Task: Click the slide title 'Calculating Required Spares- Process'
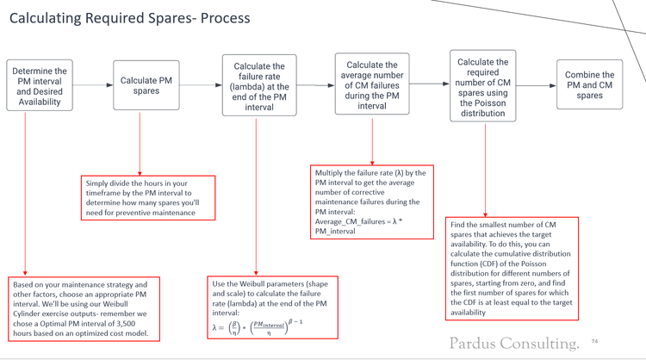point(129,18)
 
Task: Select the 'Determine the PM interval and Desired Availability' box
point(38,85)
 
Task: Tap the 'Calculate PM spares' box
point(146,85)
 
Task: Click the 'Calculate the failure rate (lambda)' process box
point(255,84)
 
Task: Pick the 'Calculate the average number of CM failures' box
point(372,84)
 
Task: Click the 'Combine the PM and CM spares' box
point(590,84)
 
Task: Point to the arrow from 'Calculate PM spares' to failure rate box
point(200,85)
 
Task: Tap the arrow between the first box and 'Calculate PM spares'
point(91,85)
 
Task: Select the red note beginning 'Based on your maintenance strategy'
point(81,308)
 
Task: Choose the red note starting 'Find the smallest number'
point(512,269)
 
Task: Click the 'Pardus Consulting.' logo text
point(513,343)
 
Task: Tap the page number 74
point(593,342)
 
